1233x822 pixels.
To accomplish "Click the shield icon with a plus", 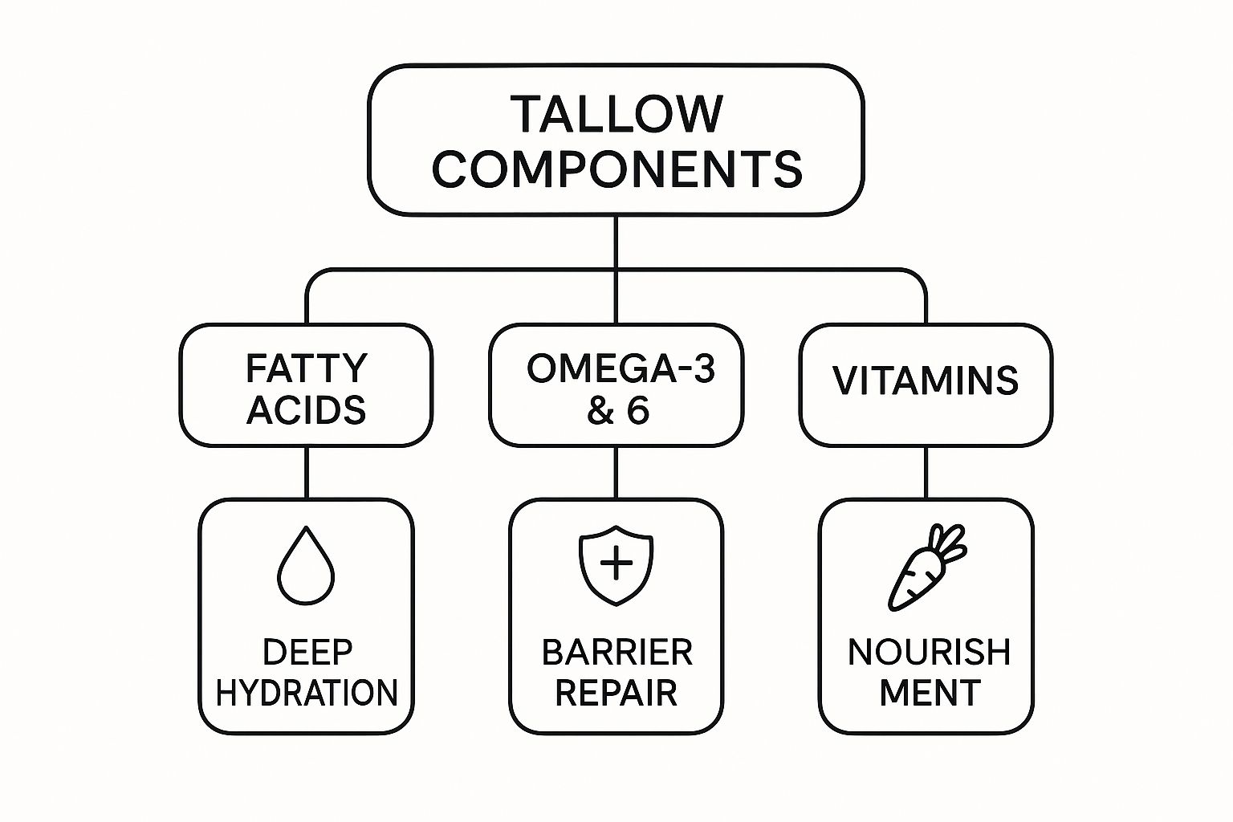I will (x=616, y=564).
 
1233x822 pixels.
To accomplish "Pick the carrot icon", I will (x=925, y=568).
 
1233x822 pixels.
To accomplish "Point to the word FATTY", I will (x=306, y=368).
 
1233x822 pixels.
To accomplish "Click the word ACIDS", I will (x=306, y=410).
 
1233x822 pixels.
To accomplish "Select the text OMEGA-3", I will (x=621, y=368).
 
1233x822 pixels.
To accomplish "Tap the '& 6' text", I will (x=617, y=410).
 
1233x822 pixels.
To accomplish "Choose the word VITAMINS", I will (x=926, y=380).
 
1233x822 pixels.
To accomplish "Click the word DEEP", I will (x=307, y=653).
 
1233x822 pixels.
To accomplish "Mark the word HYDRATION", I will (x=307, y=693).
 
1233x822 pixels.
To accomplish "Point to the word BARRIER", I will (x=616, y=653).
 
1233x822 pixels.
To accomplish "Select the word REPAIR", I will (x=616, y=693).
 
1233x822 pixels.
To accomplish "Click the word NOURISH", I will (x=929, y=653).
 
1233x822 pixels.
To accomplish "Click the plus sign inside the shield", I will (x=616, y=564).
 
